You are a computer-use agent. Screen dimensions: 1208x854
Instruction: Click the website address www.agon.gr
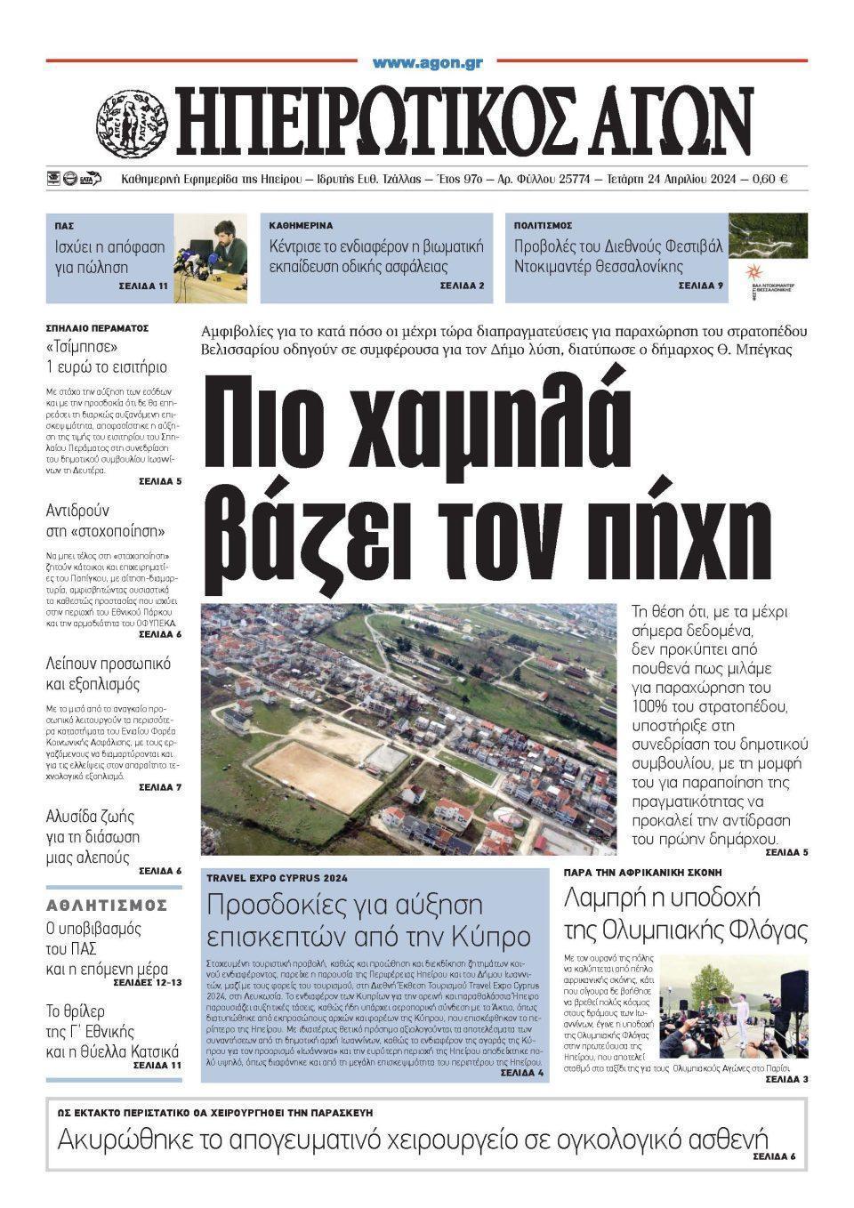[x=427, y=62]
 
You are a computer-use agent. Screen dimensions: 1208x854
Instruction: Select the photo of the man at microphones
[x=211, y=258]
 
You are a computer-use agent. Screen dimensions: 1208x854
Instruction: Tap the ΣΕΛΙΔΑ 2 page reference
[x=462, y=286]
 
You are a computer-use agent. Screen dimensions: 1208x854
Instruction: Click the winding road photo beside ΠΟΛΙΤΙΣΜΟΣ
[x=768, y=236]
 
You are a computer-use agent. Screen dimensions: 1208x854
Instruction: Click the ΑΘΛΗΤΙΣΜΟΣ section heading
[x=107, y=906]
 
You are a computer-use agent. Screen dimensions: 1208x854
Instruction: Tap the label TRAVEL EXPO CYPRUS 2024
[x=278, y=878]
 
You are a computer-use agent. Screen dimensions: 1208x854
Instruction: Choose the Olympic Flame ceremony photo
[x=733, y=1006]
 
